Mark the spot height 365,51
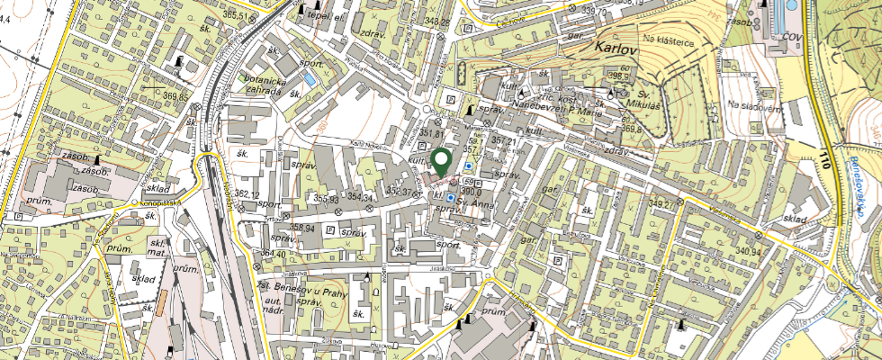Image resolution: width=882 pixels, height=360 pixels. click(235, 15)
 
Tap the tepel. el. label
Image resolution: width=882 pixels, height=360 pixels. click(326, 16)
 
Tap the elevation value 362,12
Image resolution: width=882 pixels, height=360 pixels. click(247, 194)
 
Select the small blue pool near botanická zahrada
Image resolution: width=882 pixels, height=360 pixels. click(310, 80)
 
